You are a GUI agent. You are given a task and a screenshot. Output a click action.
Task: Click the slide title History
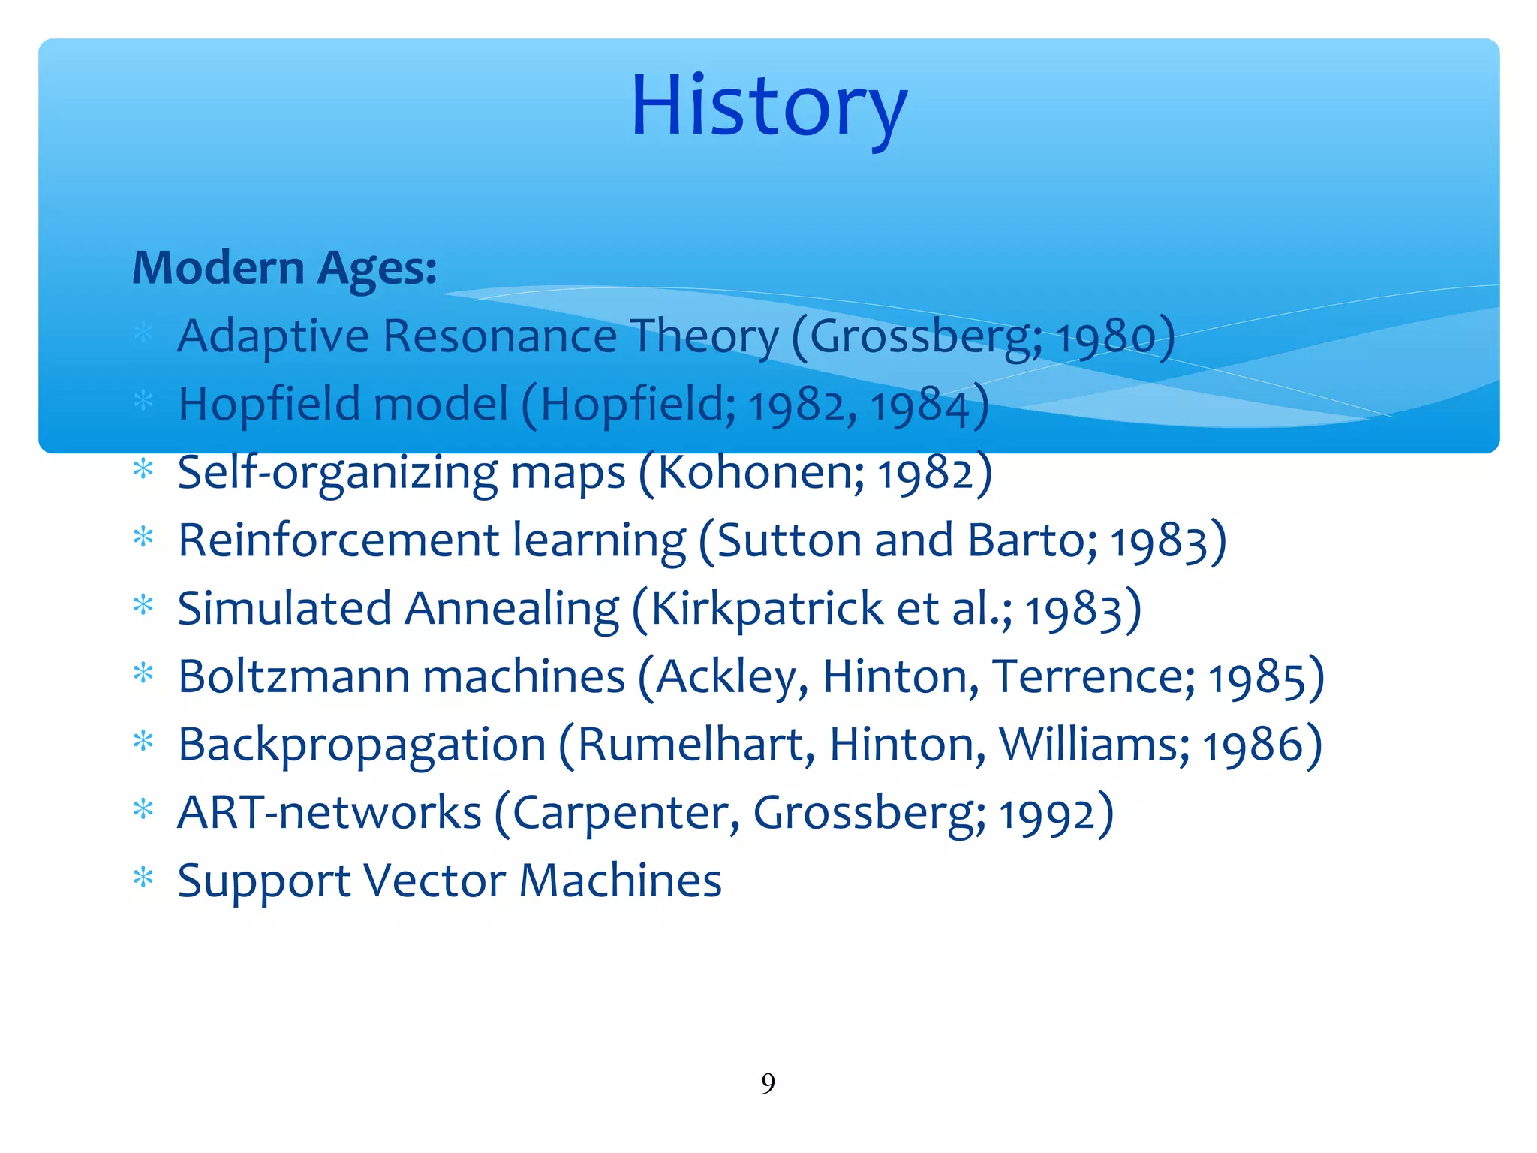(769, 107)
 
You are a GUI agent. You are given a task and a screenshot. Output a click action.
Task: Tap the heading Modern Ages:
(284, 268)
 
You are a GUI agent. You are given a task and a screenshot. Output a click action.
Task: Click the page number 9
(768, 1083)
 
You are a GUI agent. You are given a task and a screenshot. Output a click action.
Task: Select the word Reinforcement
(338, 540)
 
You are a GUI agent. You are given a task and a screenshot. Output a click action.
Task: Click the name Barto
(1032, 540)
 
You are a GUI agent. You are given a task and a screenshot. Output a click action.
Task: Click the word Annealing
(512, 610)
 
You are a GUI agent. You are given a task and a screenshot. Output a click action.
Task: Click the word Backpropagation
(362, 746)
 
